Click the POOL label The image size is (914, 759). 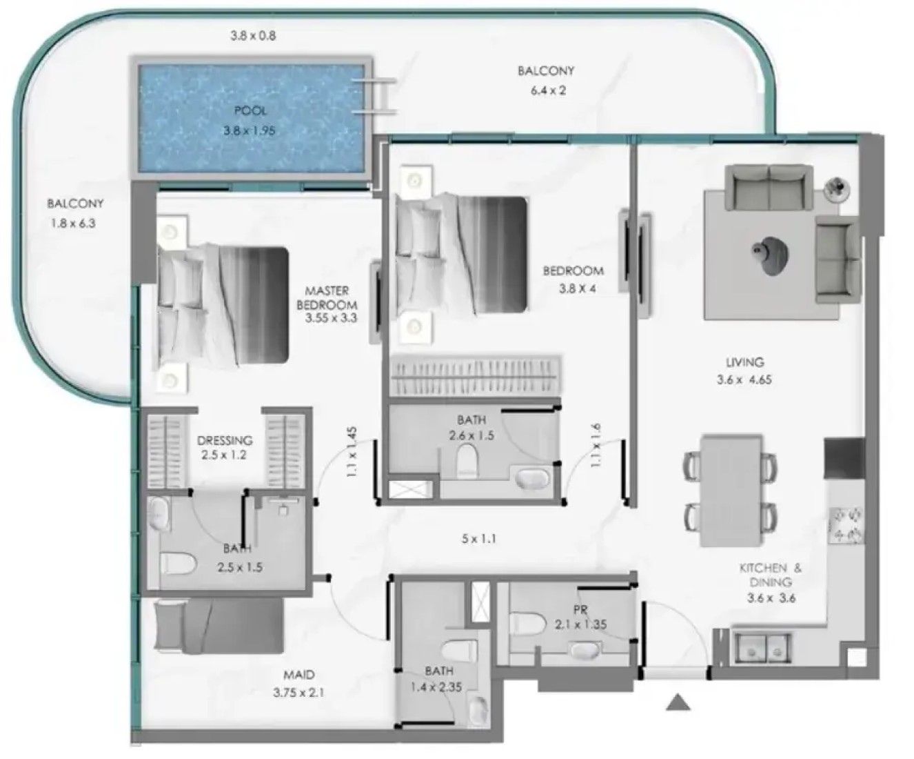[x=250, y=111]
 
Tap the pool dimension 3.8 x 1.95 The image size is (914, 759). [x=250, y=130]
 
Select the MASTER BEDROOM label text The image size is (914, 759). [x=327, y=297]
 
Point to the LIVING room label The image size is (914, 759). [x=744, y=362]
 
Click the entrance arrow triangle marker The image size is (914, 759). [x=678, y=702]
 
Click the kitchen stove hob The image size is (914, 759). [x=845, y=524]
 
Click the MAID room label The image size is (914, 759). [x=299, y=675]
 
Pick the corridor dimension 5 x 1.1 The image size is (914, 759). [x=479, y=539]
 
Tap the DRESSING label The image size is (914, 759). [x=225, y=440]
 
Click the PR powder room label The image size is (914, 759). [x=580, y=609]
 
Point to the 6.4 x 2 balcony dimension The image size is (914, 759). [x=549, y=90]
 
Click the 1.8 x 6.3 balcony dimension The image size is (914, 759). [x=73, y=224]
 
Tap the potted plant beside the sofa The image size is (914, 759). [x=837, y=189]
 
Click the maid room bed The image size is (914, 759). [x=219, y=627]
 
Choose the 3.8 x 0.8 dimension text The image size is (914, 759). [x=253, y=35]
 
